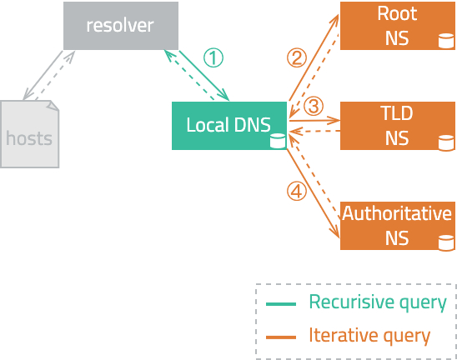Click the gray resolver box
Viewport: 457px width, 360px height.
[x=121, y=26]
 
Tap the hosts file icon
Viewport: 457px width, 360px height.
[x=29, y=134]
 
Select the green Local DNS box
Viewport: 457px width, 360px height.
[x=229, y=126]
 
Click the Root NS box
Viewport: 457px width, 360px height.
[x=398, y=26]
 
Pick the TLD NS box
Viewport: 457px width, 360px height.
[x=398, y=126]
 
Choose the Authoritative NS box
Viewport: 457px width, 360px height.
[x=398, y=226]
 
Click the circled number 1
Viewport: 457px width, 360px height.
[x=213, y=57]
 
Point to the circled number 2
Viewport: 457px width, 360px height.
[x=297, y=57]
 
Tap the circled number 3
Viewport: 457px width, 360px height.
[x=314, y=106]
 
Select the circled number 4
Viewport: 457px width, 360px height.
[x=297, y=192]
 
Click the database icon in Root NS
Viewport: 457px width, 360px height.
[x=446, y=41]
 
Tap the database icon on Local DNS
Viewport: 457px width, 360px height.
[x=278, y=141]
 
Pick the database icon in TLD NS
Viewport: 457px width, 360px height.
[x=446, y=142]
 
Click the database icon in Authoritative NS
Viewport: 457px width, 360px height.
[x=446, y=242]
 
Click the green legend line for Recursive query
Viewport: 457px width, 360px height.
[x=281, y=304]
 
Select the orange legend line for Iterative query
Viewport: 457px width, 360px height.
[x=281, y=337]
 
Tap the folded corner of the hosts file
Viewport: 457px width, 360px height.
[x=53, y=105]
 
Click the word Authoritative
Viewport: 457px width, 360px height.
[x=397, y=213]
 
